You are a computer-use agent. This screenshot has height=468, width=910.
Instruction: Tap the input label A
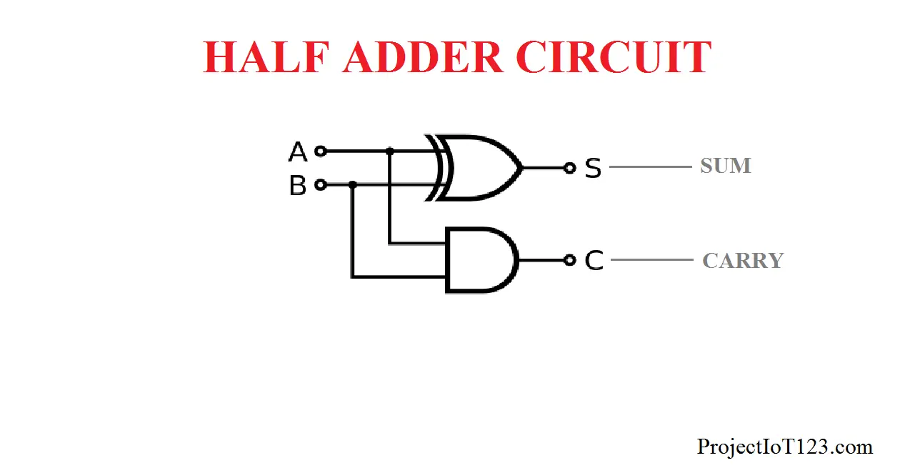coord(297,152)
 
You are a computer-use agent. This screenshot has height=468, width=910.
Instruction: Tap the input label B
coord(297,186)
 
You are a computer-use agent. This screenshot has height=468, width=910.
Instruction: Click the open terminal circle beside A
coord(321,151)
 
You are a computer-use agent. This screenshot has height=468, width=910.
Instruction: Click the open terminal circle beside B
coord(321,184)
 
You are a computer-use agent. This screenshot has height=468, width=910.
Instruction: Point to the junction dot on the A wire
coord(389,151)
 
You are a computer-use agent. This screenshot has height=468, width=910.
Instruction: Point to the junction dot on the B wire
coord(352,184)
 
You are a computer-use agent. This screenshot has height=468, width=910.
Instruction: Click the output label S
coord(593,169)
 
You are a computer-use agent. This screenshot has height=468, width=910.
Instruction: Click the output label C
coord(594,261)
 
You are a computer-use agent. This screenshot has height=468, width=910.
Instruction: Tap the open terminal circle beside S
coord(569,168)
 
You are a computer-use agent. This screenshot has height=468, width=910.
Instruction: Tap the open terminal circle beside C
coord(569,260)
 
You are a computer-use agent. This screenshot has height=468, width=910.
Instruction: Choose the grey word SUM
coord(725,166)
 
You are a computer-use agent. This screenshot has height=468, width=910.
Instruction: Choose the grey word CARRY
coord(743,261)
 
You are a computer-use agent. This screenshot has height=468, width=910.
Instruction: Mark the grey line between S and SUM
coord(650,167)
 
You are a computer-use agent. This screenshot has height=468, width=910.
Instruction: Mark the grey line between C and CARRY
coord(651,260)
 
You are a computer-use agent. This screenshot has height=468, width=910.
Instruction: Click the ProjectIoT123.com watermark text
coord(784,447)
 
